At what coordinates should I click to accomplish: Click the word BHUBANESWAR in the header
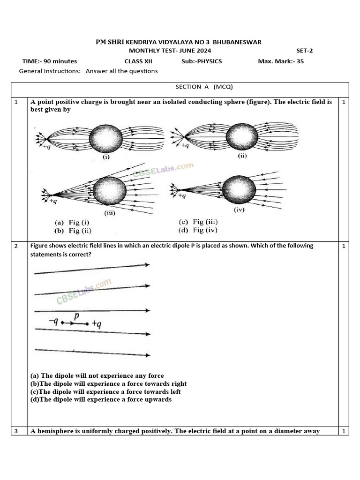point(238,42)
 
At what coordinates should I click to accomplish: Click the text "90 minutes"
point(60,61)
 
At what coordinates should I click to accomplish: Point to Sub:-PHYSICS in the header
point(202,61)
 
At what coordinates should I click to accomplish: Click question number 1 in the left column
point(16,102)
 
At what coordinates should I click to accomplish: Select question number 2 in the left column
point(16,246)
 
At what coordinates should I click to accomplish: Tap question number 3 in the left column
point(16,431)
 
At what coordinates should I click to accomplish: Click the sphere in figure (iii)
point(109,192)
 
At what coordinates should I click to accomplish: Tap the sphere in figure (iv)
point(239,189)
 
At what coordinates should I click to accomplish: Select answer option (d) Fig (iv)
point(198,230)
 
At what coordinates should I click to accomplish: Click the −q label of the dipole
point(54,322)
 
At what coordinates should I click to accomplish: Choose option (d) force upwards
point(101,399)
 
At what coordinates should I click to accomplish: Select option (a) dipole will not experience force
point(97,375)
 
